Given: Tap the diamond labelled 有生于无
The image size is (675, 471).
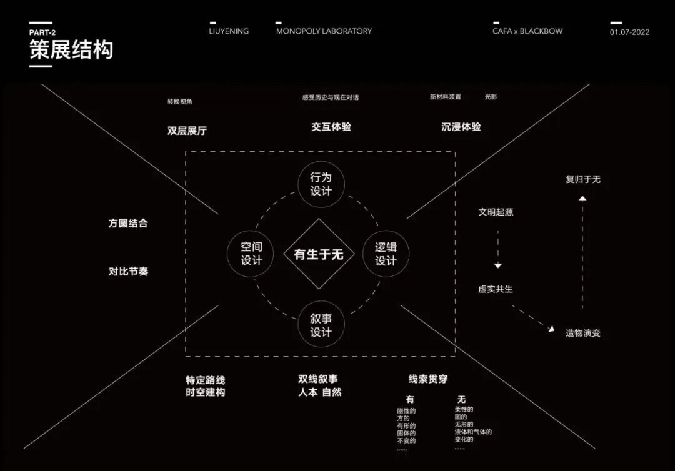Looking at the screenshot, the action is pos(319,254).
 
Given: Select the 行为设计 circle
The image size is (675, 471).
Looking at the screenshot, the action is pos(321,184).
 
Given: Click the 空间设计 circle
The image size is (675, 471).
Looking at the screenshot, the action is pos(251,254).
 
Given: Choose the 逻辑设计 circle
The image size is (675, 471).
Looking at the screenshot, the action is pos(386,254).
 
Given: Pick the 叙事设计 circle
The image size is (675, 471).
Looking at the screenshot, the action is pos(321,325).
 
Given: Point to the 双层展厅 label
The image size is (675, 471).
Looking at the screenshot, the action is pos(187,131).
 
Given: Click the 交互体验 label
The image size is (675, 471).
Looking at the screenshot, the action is pos(331,127).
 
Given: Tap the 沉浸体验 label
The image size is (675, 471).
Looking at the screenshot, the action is pos(461,127).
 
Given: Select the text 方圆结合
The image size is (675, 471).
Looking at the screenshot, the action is pos(128,223).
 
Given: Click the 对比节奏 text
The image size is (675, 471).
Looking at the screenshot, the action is pos(128,272).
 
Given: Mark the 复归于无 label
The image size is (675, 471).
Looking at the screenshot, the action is pos(582,179).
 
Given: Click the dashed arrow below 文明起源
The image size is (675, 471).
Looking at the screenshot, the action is pos(498,249).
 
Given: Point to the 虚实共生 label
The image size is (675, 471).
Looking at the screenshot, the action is pos(495,289).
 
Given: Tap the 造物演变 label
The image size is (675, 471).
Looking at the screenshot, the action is pos(582,333).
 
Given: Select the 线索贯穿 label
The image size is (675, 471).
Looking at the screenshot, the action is pos(428,379).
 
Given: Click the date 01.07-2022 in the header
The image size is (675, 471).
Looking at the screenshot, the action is pos(629,32).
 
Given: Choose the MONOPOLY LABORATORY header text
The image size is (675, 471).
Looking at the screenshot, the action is pos(324,31).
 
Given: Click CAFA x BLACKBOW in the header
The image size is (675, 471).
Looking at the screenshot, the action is pos(527,31).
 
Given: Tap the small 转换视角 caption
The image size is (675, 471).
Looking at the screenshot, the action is pos(180,101).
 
